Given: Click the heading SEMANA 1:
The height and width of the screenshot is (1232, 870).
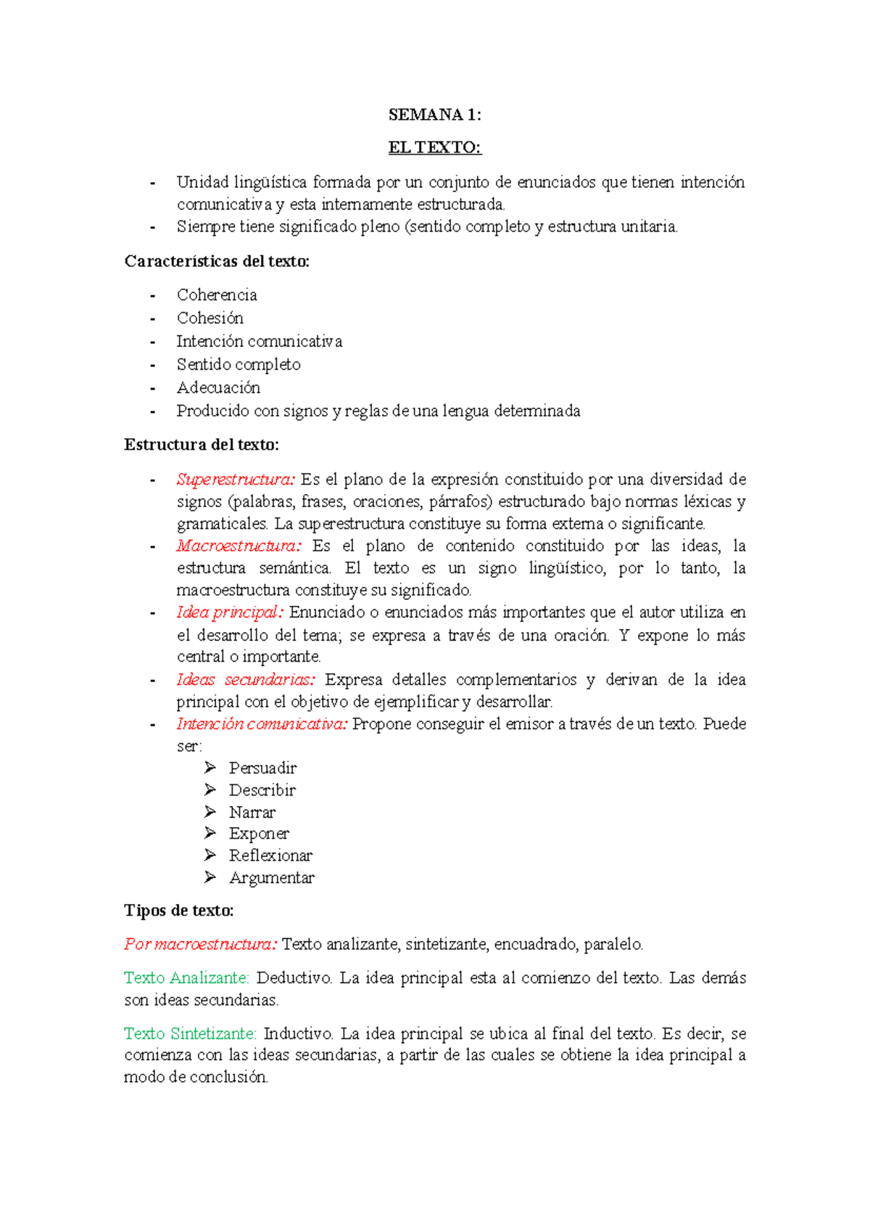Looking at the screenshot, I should pos(434,115).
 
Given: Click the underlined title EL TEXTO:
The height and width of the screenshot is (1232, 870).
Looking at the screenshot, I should pos(434,148).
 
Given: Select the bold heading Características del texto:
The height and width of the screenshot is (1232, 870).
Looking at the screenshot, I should pos(217,261).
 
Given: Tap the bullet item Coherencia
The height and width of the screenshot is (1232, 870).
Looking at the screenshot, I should pos(217,295).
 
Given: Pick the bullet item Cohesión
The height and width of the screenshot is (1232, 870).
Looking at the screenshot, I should pos(210,318).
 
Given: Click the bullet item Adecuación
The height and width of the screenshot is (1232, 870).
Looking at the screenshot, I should pos(218,387).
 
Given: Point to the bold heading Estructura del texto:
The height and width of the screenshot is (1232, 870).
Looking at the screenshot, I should pos(202,444).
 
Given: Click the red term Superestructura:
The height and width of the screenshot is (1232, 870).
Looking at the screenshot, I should pos(236,479).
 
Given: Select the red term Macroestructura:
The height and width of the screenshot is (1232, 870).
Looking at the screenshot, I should pos(238,546).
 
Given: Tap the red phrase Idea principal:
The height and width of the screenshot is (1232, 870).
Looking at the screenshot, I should pos(230,612).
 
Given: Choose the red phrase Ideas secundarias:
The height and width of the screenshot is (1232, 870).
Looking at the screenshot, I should pos(246,680).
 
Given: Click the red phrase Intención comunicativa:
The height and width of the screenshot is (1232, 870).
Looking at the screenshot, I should pos(262,724).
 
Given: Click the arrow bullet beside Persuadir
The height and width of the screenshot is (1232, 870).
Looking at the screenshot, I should pos(210,768).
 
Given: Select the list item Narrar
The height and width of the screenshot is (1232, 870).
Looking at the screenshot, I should pos(252,812).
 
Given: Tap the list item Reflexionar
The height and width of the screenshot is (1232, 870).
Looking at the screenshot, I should pos(270,855).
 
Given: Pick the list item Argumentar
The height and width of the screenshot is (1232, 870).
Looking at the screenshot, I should pos(272,878).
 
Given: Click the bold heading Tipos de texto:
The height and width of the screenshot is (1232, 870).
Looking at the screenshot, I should pos(179,911).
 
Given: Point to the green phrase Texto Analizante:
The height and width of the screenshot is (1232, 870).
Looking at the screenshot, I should pos(186,978).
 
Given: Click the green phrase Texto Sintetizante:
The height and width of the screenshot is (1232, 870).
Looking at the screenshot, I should pos(190,1033).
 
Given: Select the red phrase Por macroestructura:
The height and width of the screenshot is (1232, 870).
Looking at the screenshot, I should pos(200,944).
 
